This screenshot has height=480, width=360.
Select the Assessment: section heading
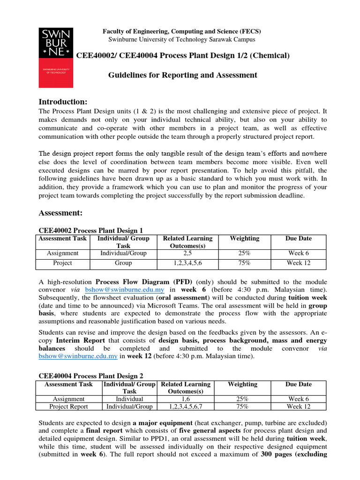(60, 213)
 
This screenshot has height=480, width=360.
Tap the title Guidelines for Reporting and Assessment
(183, 75)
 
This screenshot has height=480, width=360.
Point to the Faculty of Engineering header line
(182, 31)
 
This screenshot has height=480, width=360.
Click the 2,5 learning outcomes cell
(187, 253)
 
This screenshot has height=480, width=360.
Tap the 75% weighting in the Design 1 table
(244, 263)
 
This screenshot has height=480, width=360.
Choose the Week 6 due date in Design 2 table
(299, 398)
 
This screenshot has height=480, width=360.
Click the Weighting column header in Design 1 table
(244, 239)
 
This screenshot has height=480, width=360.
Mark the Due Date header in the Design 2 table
(299, 384)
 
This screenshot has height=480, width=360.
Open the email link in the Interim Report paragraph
(77, 356)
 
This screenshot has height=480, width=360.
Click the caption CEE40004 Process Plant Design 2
(90, 376)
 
